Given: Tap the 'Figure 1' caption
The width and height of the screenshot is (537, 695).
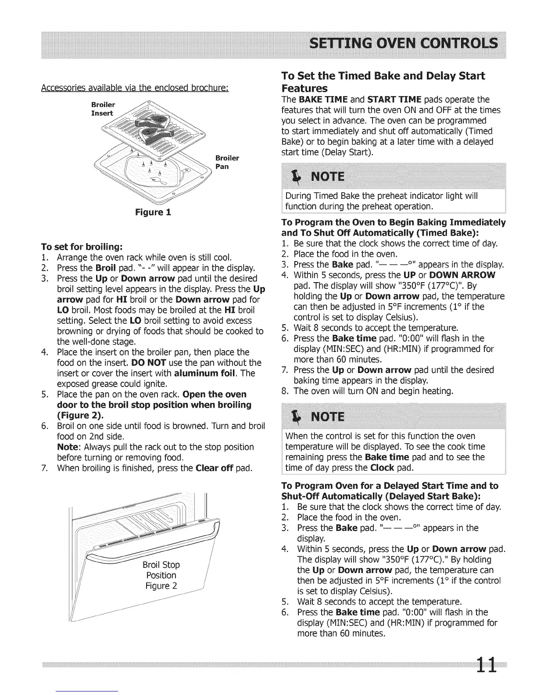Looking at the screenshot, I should click(153, 212).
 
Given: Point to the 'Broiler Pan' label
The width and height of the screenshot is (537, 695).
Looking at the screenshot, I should click(227, 162).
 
